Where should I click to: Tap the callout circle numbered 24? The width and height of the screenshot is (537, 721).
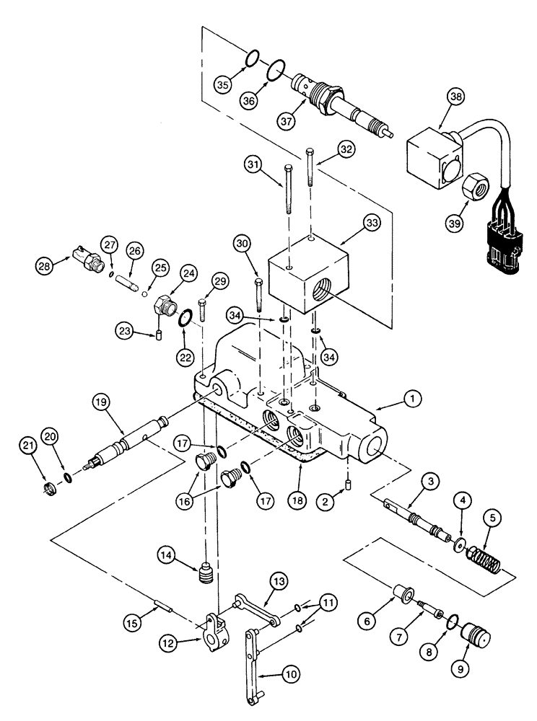point(189,274)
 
